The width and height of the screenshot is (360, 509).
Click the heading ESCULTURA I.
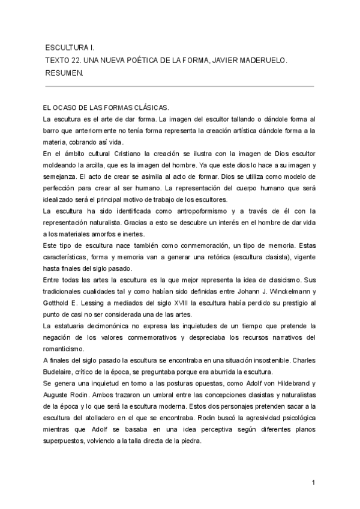[x=70, y=47]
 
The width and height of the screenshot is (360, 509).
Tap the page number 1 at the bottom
[x=314, y=483]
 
